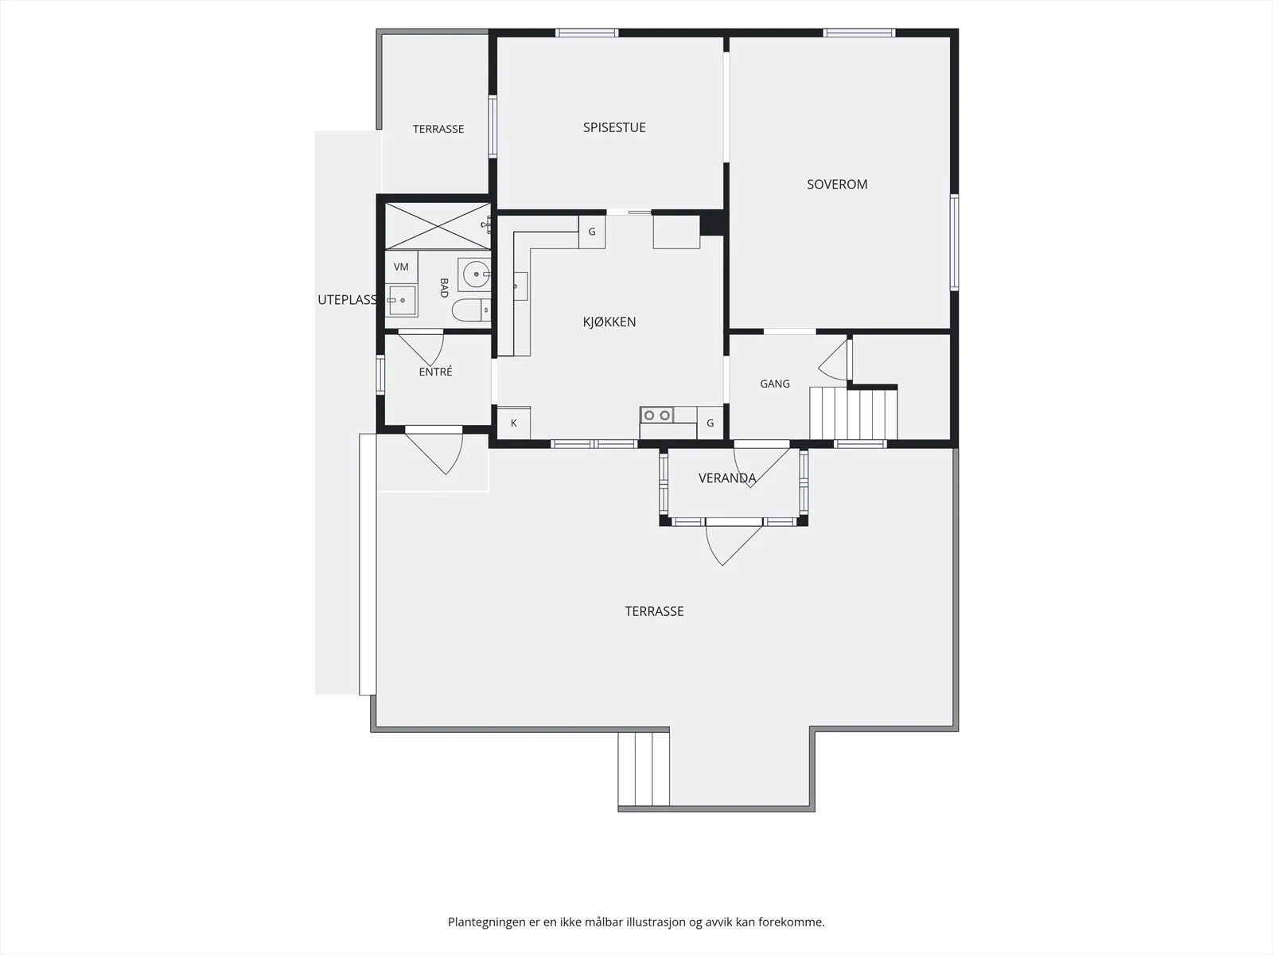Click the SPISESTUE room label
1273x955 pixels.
tap(614, 127)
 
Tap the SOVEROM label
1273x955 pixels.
tap(837, 185)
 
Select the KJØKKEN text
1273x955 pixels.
tap(609, 322)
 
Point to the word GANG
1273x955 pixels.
tap(775, 384)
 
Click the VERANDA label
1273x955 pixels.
tap(727, 478)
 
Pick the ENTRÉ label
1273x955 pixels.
tap(435, 372)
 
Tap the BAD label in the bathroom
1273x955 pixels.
tap(444, 287)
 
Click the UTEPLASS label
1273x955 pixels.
tap(348, 300)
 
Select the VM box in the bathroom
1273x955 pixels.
tap(401, 267)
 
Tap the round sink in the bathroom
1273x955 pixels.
tap(475, 275)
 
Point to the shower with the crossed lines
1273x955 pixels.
tap(438, 226)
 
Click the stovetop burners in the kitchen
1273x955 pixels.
tap(657, 415)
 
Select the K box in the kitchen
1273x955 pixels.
tap(514, 423)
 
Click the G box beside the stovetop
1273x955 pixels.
tap(710, 423)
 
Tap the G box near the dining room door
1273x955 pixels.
tap(592, 232)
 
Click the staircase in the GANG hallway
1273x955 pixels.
tap(854, 413)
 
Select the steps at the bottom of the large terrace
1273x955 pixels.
tap(644, 769)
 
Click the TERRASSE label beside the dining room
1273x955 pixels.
tap(438, 129)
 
